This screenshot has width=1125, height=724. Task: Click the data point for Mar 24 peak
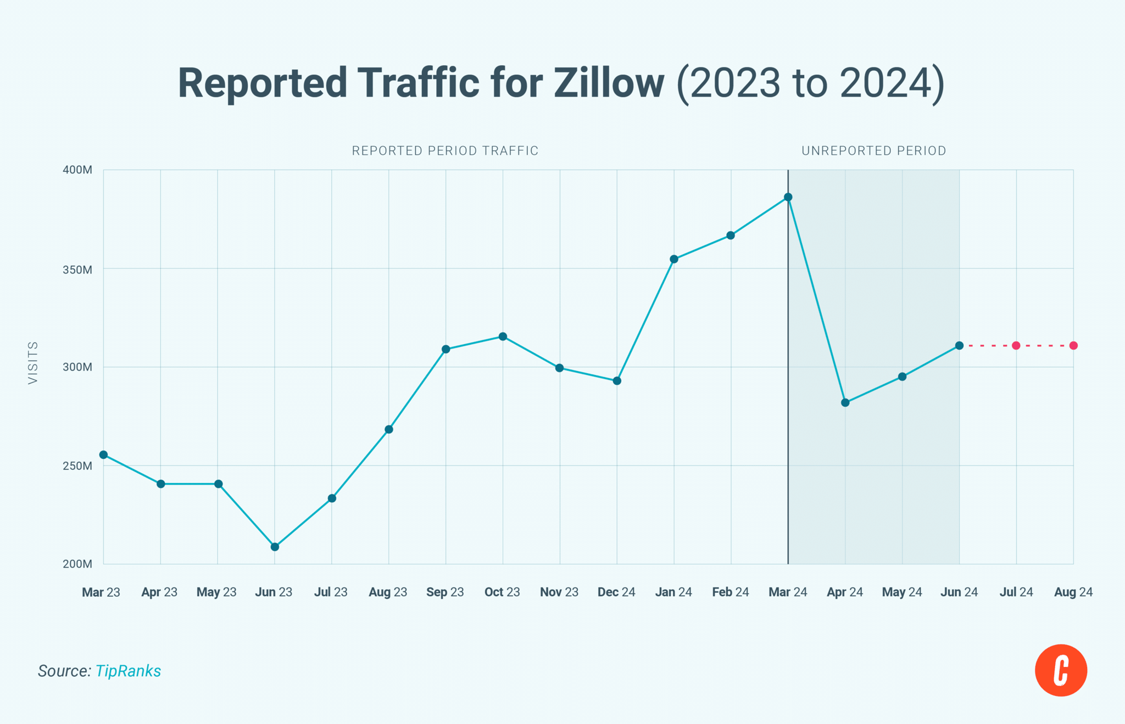(788, 197)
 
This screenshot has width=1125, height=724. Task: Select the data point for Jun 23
(275, 547)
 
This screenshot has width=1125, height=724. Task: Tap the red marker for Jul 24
(1016, 346)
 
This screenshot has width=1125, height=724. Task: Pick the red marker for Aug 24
(1073, 346)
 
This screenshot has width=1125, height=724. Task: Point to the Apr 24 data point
(845, 403)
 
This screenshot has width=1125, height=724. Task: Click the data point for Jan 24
(674, 259)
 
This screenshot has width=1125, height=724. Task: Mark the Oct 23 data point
(503, 336)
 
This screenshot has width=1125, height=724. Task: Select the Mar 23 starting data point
(103, 455)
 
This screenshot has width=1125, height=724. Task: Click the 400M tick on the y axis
(77, 170)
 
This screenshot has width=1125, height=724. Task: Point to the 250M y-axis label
(77, 466)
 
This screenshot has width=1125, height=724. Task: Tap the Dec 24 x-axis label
(616, 592)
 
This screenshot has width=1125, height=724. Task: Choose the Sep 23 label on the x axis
(445, 592)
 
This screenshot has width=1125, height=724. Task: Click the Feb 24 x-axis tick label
(731, 592)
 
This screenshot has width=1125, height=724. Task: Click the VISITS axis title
(33, 363)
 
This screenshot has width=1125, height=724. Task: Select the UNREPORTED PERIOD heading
(873, 151)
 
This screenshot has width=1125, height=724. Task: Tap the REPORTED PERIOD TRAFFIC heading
(445, 151)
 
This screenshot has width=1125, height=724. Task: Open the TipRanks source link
(128, 671)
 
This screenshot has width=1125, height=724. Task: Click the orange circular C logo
(1061, 670)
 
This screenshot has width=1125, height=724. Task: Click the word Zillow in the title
(609, 83)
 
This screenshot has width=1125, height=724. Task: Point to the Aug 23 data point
(389, 429)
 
